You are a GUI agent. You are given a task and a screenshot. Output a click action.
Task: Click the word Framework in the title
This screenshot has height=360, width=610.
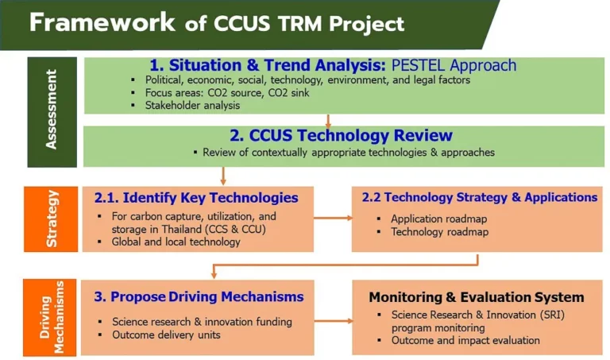102,22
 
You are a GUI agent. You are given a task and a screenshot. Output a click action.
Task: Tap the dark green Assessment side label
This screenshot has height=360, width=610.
52,112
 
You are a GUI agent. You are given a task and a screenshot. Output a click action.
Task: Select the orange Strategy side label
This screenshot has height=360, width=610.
51,219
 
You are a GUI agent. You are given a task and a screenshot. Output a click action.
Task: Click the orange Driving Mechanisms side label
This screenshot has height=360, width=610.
50,317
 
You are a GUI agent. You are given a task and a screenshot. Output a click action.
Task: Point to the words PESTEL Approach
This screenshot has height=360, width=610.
454,65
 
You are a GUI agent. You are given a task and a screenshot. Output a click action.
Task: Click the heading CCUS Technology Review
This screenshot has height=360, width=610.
341,135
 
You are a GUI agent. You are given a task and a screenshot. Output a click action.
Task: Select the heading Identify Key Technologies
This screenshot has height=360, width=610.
196,198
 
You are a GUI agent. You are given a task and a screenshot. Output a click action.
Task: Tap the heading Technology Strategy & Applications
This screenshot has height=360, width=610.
480,197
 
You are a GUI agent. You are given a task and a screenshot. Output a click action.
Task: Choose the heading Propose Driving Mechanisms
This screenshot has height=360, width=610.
199,296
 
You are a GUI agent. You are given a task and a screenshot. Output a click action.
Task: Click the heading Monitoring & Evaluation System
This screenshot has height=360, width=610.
477,297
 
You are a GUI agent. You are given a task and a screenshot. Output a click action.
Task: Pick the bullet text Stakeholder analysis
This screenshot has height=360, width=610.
192,106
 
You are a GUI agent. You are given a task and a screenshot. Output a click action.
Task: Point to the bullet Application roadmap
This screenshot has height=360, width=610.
438,219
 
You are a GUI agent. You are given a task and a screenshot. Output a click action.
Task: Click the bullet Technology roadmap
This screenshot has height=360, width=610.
439,232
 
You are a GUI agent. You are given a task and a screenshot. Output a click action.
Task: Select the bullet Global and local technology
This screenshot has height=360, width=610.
176,242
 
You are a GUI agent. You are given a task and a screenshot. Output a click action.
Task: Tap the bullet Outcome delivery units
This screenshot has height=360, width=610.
166,335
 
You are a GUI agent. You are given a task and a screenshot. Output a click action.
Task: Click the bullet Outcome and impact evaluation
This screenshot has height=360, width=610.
465,341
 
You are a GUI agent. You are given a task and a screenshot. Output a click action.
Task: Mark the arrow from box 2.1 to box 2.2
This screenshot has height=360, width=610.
333,218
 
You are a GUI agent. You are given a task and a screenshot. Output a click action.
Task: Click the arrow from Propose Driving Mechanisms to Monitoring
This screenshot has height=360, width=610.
334,321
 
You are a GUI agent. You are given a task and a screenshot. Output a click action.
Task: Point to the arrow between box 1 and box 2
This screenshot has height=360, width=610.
328,121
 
